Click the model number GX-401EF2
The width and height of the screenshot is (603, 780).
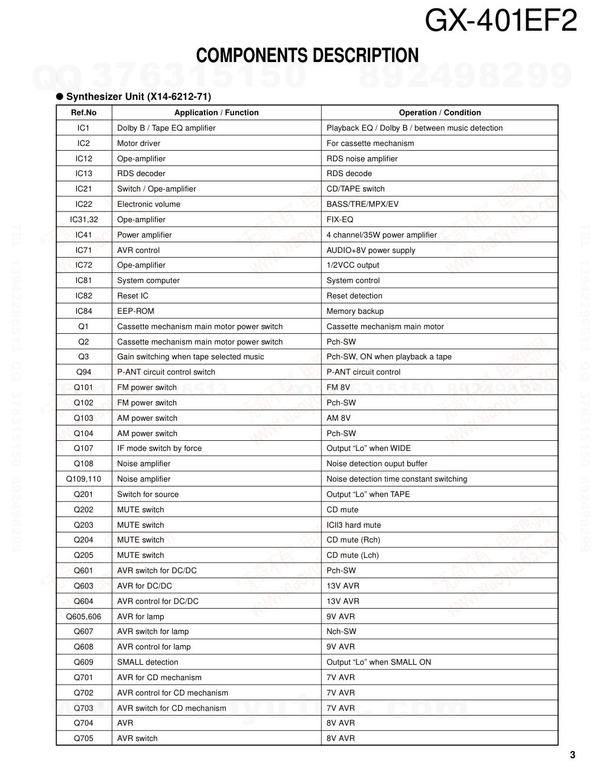point(501,22)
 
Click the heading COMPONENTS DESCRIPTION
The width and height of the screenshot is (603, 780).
point(307,56)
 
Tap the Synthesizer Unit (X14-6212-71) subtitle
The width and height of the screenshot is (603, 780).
point(138,96)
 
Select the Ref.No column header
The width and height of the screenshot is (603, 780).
point(83,112)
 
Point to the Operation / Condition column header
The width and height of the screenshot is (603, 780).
point(439,112)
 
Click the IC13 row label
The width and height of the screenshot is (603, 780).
point(83,174)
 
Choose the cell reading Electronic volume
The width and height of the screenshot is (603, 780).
point(148,204)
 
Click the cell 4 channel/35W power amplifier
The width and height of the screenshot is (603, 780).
point(381,235)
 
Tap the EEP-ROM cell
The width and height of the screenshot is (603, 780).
point(135,311)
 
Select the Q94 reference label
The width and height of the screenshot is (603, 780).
point(83,372)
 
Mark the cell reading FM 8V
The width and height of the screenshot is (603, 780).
point(338,388)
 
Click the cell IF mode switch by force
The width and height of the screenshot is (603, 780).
point(159,448)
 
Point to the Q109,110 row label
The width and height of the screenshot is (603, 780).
point(83,479)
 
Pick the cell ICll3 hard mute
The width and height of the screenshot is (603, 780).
point(354,525)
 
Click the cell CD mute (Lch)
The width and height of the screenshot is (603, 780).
point(352,555)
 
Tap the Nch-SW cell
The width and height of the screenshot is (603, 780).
point(341,632)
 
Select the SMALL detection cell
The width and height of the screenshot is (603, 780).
point(147,662)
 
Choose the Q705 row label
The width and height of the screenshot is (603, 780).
point(83,739)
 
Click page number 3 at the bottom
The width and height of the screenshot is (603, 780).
point(572,755)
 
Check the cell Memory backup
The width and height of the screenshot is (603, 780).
point(355,311)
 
